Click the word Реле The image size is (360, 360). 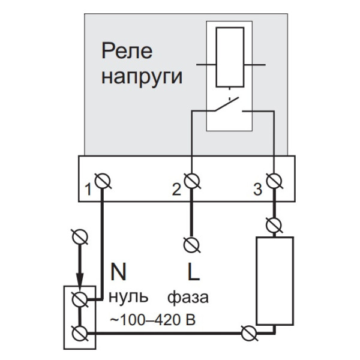(x=127, y=52)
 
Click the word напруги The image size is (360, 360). (x=142, y=77)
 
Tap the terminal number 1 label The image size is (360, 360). (x=88, y=190)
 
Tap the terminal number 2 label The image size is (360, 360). (x=176, y=190)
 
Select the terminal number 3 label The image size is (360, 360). (x=257, y=190)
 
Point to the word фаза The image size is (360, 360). (x=188, y=298)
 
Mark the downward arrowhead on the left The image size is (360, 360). (x=79, y=281)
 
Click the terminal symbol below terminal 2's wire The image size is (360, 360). (x=191, y=244)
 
